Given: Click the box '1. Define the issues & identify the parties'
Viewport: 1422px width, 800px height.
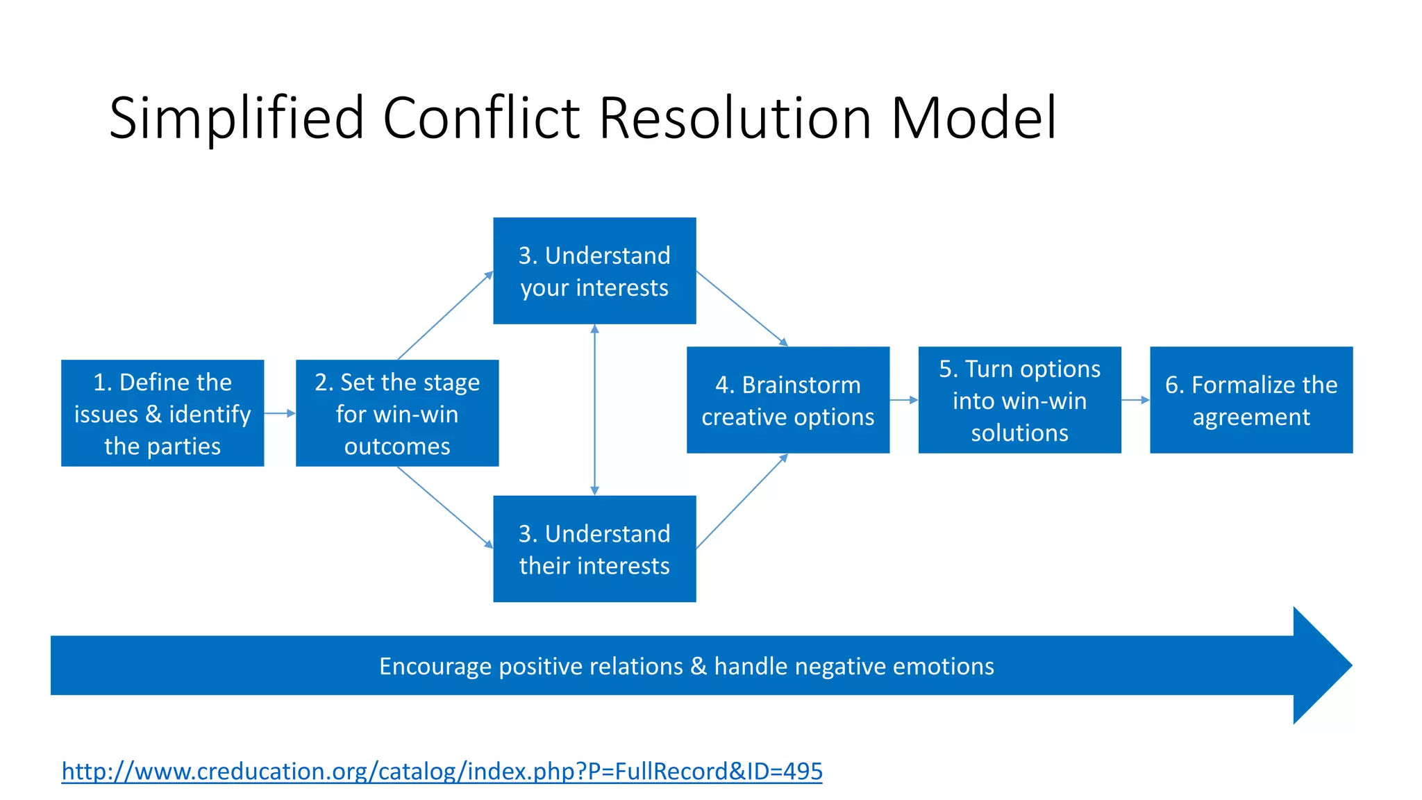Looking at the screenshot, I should (x=162, y=413).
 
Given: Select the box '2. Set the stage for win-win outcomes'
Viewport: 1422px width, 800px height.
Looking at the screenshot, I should (x=397, y=413).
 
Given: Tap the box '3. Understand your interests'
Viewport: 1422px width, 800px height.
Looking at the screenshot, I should (x=594, y=271).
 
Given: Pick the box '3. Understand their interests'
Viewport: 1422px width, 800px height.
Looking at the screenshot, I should (x=594, y=549).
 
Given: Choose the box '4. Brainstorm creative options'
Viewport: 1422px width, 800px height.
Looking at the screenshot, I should (x=788, y=400).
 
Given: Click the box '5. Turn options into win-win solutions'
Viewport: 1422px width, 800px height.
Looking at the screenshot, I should (x=1019, y=400).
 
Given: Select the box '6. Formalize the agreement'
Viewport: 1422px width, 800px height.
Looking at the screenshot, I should (x=1251, y=400).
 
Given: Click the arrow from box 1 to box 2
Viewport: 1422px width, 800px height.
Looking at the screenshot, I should (x=280, y=413).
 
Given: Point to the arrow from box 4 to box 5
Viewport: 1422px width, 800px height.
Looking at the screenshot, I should (x=903, y=400).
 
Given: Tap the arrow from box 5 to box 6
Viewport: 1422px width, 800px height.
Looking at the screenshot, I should (x=1135, y=400).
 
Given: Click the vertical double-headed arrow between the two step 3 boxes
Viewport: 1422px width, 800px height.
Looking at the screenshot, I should (x=594, y=410).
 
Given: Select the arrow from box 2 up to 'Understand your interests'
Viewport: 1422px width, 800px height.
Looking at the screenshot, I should (x=445, y=315).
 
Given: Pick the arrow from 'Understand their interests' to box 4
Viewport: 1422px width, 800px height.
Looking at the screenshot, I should (x=742, y=501).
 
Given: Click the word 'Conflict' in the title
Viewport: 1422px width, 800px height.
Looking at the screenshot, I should (x=481, y=118).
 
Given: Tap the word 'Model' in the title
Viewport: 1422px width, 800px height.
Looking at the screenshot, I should (x=973, y=118).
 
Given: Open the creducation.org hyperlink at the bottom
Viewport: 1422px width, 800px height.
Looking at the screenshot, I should (x=442, y=771).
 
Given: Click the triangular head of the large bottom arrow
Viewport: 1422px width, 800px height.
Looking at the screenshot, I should (x=1319, y=665).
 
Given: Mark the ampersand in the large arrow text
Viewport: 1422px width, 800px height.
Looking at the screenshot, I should (x=699, y=667).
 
